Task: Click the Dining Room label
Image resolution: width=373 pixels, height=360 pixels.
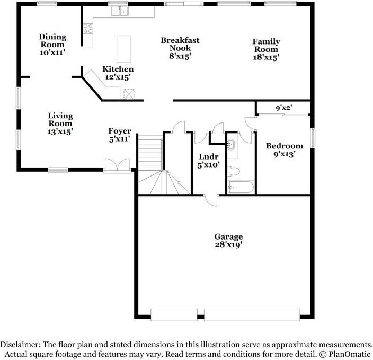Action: click(52, 45)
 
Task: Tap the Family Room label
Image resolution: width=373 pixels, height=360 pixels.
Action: click(266, 49)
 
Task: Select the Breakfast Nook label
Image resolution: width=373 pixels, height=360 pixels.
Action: click(180, 48)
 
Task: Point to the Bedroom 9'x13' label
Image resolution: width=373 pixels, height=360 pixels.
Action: click(285, 150)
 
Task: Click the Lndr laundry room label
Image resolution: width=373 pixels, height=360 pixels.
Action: click(207, 161)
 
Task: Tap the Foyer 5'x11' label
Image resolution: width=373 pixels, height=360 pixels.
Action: click(120, 135)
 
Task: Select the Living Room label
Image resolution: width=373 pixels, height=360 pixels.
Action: click(60, 123)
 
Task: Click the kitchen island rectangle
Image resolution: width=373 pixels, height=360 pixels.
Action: click(124, 49)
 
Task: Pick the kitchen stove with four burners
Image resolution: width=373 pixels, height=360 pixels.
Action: click(87, 28)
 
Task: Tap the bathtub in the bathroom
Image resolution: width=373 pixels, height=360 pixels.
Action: click(241, 187)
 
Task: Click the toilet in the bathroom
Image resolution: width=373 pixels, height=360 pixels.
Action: click(234, 171)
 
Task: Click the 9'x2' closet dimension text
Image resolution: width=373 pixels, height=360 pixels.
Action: click(284, 108)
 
